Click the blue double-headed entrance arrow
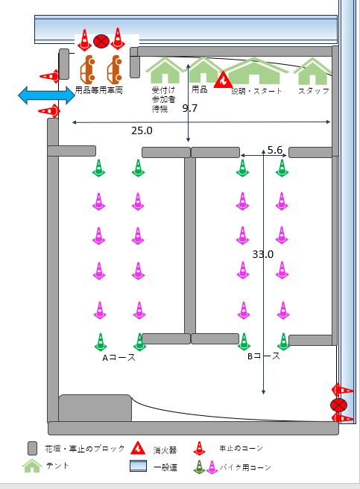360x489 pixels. [46, 95]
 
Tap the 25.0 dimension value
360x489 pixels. [142, 130]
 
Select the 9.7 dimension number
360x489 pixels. [189, 108]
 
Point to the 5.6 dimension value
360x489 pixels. [275, 150]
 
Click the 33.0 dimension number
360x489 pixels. [263, 254]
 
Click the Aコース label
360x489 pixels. [119, 357]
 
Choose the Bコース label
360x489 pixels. [264, 356]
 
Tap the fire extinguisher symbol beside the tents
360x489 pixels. [223, 80]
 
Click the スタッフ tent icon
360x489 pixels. [312, 71]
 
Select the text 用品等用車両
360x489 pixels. [99, 90]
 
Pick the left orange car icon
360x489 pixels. [88, 69]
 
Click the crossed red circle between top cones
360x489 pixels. [101, 41]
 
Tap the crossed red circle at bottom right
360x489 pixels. [338, 405]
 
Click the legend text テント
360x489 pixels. [57, 466]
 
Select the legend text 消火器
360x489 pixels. [165, 450]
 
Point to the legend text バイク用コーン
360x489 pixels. [245, 467]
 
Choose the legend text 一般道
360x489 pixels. [165, 467]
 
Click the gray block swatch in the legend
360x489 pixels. [33, 448]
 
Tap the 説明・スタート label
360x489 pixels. [256, 91]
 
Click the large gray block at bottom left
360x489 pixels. [95, 408]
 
